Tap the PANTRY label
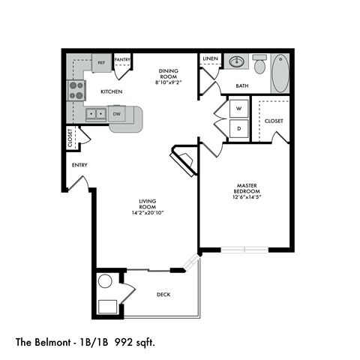pos(123,60)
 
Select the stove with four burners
pos(76,91)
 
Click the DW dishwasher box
pos(117,114)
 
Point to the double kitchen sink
pos(96,114)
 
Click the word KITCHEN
pos(112,91)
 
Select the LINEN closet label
pos(211,58)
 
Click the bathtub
pos(280,73)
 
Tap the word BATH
pos(242,86)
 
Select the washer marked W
pos(238,109)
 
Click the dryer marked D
pos(238,128)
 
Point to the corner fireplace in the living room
pos(183,160)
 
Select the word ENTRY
pos(80,164)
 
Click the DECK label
pos(164,295)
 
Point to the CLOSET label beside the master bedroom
pos(274,120)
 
